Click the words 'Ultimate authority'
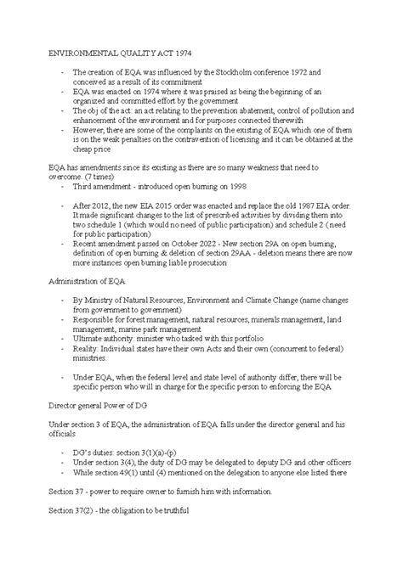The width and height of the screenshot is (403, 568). click(105, 338)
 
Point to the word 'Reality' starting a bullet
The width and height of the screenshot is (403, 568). click(88, 347)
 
